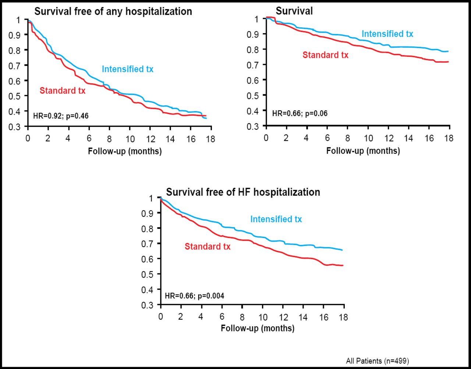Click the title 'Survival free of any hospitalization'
(x=113, y=11)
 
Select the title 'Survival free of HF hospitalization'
(x=243, y=192)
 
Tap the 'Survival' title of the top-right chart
(x=294, y=11)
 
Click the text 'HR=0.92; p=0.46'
(x=61, y=116)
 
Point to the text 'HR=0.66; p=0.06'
(x=300, y=113)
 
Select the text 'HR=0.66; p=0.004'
(x=194, y=296)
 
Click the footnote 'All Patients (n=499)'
(x=377, y=361)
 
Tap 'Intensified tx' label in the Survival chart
(x=387, y=34)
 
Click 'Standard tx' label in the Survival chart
(x=325, y=55)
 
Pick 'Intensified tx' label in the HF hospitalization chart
(x=276, y=219)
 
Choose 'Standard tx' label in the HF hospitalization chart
(x=208, y=247)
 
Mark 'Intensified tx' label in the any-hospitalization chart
(x=127, y=69)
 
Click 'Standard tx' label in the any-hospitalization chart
(x=63, y=91)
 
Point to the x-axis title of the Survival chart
(x=363, y=151)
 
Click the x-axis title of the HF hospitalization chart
(x=258, y=328)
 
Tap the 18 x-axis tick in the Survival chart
(x=449, y=138)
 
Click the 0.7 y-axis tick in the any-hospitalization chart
(x=17, y=66)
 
